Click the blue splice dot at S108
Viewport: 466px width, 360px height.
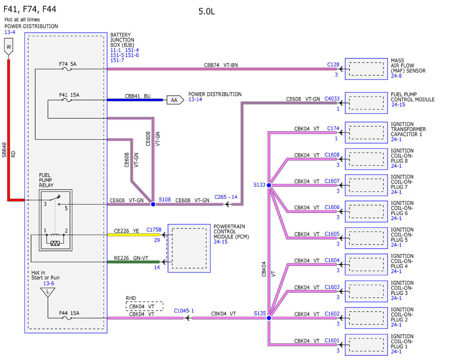[153, 204]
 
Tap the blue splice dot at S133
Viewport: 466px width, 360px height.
[269, 185]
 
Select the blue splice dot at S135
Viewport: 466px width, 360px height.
[269, 318]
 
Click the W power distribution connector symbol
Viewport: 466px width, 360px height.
[9, 47]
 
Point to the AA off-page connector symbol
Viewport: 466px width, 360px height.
[175, 100]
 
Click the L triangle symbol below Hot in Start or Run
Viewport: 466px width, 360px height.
[48, 292]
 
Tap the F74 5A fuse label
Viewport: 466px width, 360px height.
[68, 64]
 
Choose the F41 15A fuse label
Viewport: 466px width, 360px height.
[69, 95]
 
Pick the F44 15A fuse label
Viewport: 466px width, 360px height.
[69, 313]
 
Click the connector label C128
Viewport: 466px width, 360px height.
[333, 64]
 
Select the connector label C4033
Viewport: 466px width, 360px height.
[332, 99]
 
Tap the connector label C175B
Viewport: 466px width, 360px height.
[154, 230]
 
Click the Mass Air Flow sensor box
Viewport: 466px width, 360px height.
[366, 69]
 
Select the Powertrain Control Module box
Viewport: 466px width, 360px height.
[189, 248]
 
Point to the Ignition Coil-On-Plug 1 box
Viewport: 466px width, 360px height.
[366, 344]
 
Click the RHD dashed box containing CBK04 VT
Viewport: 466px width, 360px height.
[144, 306]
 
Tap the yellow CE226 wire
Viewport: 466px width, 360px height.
[133, 235]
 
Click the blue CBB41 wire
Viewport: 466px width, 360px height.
[135, 100]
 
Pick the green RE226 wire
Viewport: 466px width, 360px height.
[133, 262]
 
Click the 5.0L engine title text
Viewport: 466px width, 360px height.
[207, 11]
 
